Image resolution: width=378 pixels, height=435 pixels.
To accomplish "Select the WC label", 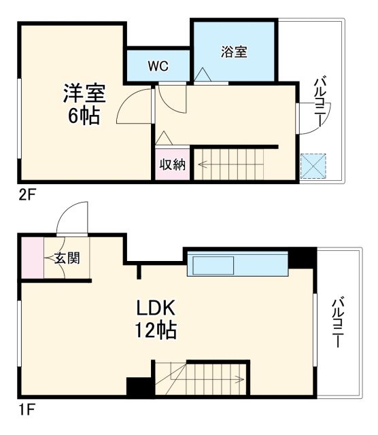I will [x=158, y=67].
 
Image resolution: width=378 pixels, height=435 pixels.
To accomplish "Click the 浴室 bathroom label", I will [x=233, y=52].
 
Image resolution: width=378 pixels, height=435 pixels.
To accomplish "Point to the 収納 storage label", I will [x=173, y=164].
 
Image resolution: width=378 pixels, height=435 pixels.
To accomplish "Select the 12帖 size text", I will [x=156, y=331].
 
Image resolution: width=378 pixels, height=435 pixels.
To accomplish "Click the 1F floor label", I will [x=26, y=410].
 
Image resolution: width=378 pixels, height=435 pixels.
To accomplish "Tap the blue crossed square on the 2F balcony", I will [x=314, y=165].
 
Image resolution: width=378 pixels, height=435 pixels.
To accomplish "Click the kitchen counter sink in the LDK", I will [x=211, y=264].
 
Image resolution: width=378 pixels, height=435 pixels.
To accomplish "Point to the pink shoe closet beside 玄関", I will [x=31, y=257].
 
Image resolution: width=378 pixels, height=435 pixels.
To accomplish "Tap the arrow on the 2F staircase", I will [x=204, y=164].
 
